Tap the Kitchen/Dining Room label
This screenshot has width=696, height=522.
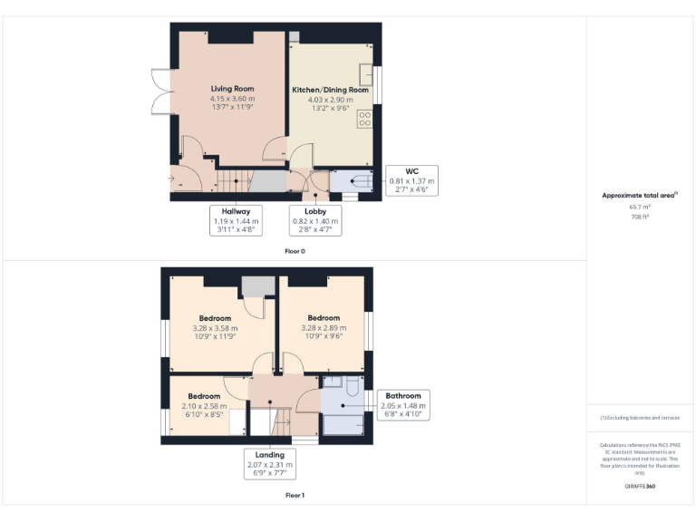[330, 91]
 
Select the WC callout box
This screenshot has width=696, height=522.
[411, 181]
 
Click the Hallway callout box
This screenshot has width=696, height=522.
[236, 220]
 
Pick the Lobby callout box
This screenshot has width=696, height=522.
[314, 220]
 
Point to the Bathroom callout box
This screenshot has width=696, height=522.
[403, 405]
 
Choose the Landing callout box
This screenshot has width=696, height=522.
[269, 464]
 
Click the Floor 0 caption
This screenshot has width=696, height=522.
[295, 251]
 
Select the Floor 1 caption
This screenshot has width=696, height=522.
[295, 496]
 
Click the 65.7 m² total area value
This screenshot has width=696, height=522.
[640, 207]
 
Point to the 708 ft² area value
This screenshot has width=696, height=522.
[640, 217]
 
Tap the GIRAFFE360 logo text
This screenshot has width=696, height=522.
[640, 488]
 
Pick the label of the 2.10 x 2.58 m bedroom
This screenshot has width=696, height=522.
[204, 396]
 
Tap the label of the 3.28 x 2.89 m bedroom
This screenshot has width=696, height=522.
[324, 318]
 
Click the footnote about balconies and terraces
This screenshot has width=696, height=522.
[640, 417]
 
